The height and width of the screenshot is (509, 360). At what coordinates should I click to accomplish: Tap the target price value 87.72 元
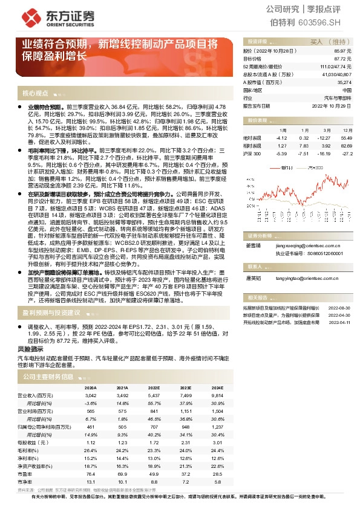coord(342,59)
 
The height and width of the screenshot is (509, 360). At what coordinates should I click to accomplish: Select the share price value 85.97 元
coord(342,51)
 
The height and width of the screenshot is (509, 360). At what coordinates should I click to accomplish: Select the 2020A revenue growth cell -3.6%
coord(90,402)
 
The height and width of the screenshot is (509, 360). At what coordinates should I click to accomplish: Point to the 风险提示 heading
coord(30,349)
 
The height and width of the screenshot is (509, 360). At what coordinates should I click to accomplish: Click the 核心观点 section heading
coord(35,94)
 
